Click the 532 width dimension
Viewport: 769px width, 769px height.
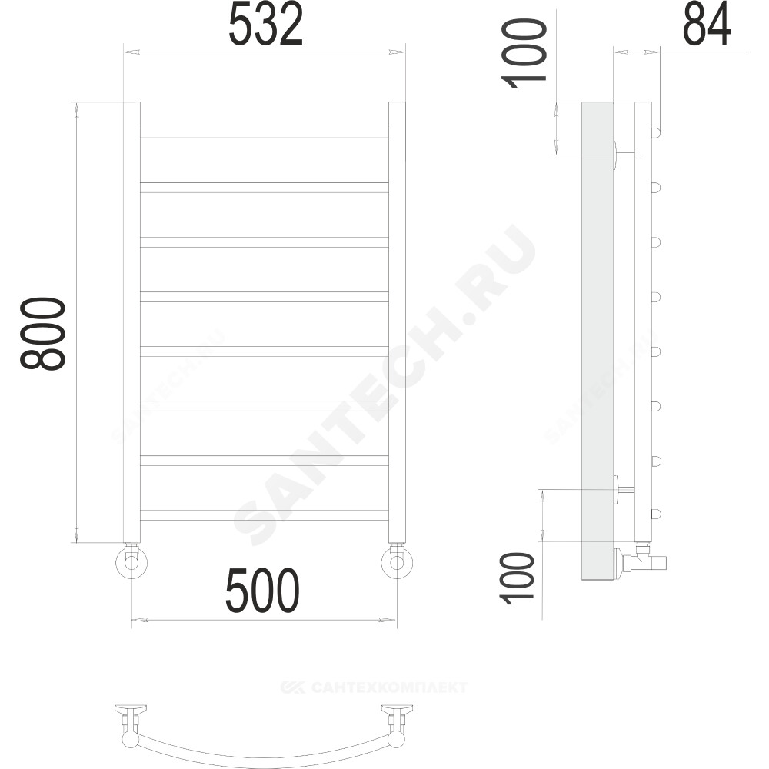pyautogui.click(x=265, y=25)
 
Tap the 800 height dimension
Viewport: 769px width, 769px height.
pyautogui.click(x=42, y=333)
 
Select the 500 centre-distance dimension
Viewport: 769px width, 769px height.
pyautogui.click(x=262, y=591)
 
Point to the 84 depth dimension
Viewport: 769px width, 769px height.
pyautogui.click(x=707, y=25)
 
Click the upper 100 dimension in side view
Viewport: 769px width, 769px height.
pyautogui.click(x=523, y=53)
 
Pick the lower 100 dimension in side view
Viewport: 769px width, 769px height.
pyautogui.click(x=516, y=578)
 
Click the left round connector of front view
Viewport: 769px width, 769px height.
pyautogui.click(x=131, y=562)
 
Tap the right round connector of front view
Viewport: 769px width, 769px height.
pyautogui.click(x=397, y=562)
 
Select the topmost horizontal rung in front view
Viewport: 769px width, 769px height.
pyautogui.click(x=265, y=133)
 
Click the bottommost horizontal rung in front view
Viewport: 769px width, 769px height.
pyautogui.click(x=265, y=515)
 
